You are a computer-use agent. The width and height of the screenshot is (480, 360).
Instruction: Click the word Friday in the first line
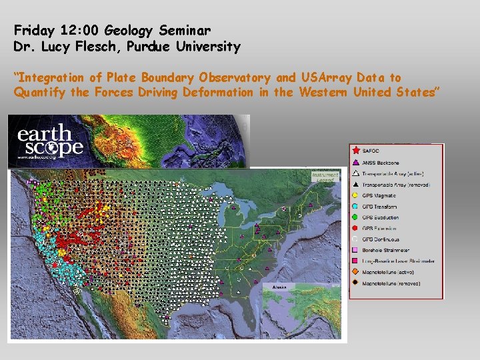pyautogui.click(x=32, y=30)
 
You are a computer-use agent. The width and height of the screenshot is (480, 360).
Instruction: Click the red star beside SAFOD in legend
pyautogui.click(x=355, y=151)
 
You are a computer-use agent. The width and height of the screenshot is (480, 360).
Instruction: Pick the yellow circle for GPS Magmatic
pyautogui.click(x=355, y=195)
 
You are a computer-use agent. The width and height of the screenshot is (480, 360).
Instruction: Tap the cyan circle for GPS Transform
pyautogui.click(x=355, y=207)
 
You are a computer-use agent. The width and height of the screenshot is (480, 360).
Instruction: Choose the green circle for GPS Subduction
pyautogui.click(x=355, y=217)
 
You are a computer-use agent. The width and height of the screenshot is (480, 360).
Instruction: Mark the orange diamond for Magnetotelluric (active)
pyautogui.click(x=355, y=272)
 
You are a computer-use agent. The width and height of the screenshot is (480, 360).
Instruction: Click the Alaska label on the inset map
pyautogui.click(x=279, y=287)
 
